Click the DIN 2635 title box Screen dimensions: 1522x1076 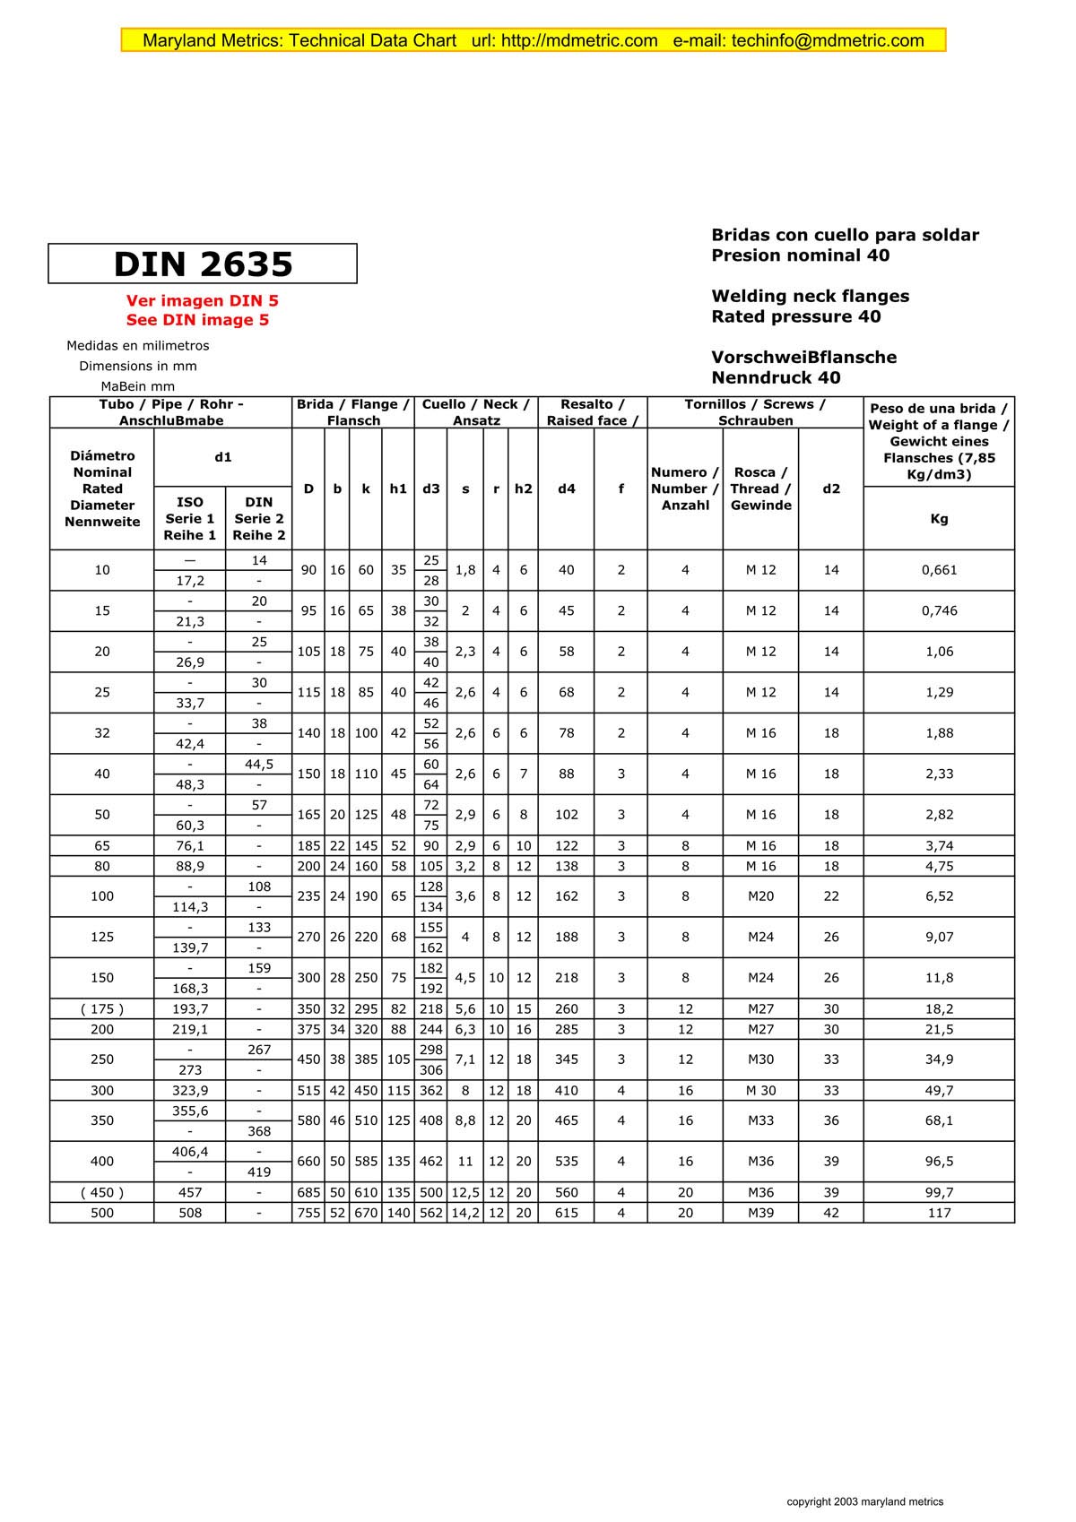click(203, 264)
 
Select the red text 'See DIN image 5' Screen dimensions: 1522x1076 click(197, 320)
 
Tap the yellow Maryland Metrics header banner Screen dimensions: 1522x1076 click(534, 40)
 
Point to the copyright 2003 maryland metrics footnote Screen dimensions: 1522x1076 click(864, 1501)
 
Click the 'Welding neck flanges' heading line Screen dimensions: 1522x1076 click(810, 296)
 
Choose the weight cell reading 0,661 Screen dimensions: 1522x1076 click(939, 570)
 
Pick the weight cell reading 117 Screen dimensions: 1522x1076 click(939, 1213)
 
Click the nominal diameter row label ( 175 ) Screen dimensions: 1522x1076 click(102, 1009)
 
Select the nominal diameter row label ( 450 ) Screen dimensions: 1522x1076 click(102, 1192)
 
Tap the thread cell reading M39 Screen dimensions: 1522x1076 click(760, 1213)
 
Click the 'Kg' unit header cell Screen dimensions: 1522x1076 click(939, 519)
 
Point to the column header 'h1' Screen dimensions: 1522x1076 click(398, 489)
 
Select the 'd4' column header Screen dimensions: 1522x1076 click(566, 489)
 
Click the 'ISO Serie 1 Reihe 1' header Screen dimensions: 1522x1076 click(190, 519)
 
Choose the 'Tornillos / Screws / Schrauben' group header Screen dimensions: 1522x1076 click(755, 412)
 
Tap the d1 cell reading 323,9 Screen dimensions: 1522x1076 click(190, 1091)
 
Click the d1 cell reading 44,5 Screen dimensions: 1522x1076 click(259, 765)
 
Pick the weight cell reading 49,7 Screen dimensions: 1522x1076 click(939, 1091)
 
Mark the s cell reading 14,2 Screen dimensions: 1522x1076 click(465, 1213)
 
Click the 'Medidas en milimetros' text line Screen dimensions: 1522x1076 click(138, 346)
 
